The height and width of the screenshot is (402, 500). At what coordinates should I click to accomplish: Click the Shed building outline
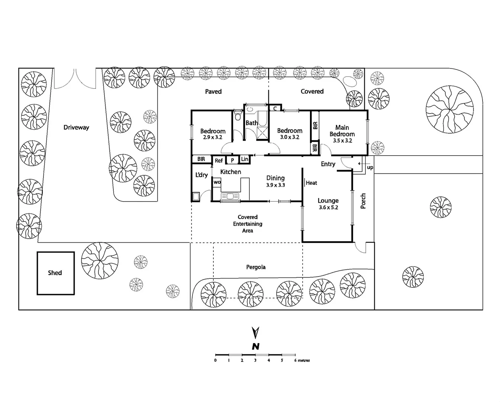pos(55,273)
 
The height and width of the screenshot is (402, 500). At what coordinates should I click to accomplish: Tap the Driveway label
pos(76,127)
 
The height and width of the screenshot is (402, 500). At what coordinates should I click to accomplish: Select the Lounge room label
pos(328,201)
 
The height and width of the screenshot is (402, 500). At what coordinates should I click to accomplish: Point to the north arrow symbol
pos(255,332)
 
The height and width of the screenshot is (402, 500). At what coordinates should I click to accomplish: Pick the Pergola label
pos(256,267)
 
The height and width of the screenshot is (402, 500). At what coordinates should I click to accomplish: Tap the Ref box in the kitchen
pos(219,160)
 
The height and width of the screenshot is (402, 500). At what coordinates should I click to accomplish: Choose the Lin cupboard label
pos(245,159)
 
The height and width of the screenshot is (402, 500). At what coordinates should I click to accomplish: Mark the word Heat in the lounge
pos(311,183)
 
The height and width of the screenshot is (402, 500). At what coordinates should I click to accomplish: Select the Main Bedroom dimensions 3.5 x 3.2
pos(342,141)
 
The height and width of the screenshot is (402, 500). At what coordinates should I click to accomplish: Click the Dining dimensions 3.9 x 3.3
pos(275,185)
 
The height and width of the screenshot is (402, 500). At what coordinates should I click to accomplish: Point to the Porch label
pos(363,201)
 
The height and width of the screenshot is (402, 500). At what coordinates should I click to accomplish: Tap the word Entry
pos(328,164)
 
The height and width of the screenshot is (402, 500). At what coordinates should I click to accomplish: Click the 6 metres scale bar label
pos(302,360)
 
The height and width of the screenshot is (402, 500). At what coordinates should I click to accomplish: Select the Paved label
pos(213,92)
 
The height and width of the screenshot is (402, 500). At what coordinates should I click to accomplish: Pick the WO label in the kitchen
pos(217,182)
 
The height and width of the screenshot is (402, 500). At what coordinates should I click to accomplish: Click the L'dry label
pos(201,175)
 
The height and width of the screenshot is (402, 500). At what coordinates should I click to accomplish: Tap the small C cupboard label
pos(275,108)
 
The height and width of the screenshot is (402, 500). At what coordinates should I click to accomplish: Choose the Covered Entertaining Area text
pos(248,224)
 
